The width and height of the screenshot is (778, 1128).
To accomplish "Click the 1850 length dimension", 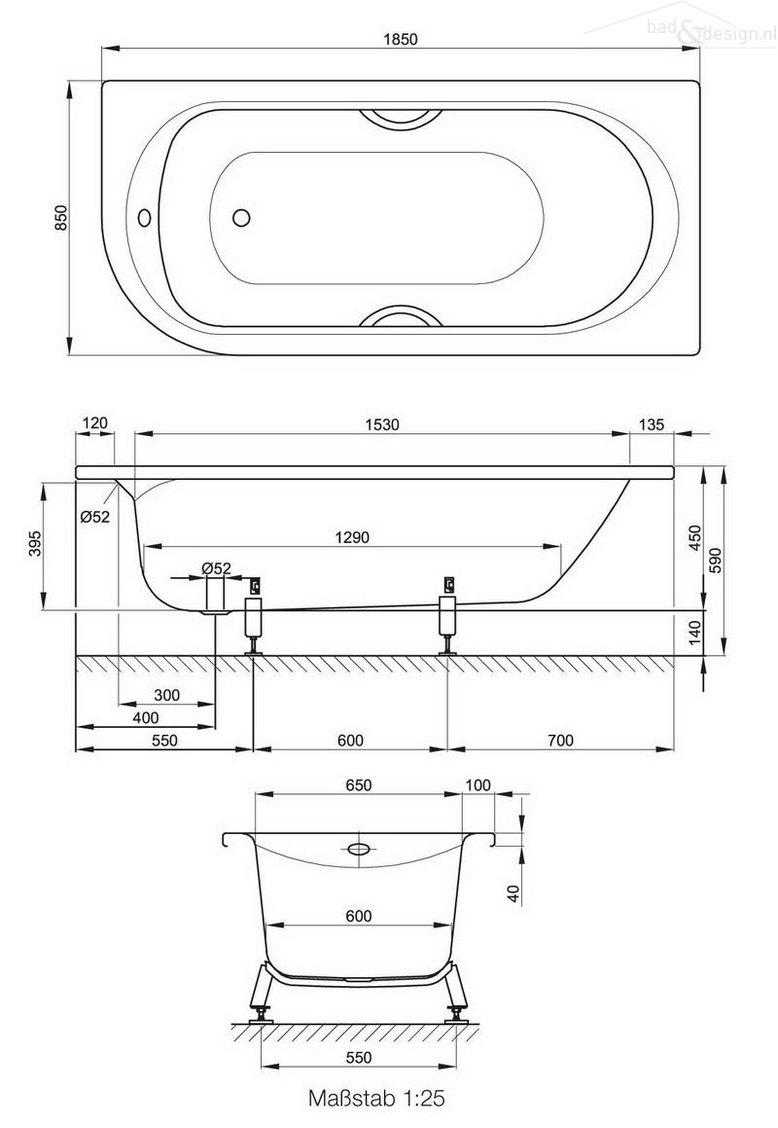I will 401,40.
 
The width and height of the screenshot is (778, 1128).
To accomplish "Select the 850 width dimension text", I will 60,218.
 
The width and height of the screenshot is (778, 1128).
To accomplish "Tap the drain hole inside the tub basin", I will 242,217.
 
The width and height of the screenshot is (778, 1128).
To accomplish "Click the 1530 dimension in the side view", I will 383,424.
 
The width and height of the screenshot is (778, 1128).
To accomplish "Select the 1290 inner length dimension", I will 353,537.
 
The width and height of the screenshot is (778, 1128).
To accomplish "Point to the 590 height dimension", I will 716,561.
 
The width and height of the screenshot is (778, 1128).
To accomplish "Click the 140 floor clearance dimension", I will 694,634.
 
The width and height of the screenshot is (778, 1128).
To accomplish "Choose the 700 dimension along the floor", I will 560,741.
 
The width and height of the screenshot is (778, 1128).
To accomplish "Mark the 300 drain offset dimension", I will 166,695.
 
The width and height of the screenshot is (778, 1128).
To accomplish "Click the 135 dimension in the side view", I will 652,424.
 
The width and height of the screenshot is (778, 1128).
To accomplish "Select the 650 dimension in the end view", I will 359,785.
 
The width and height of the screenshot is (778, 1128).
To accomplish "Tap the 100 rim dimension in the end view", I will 477,785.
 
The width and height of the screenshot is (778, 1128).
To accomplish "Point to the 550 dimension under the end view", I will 359,1057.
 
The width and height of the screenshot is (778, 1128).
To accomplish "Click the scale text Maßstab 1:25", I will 376,1099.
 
